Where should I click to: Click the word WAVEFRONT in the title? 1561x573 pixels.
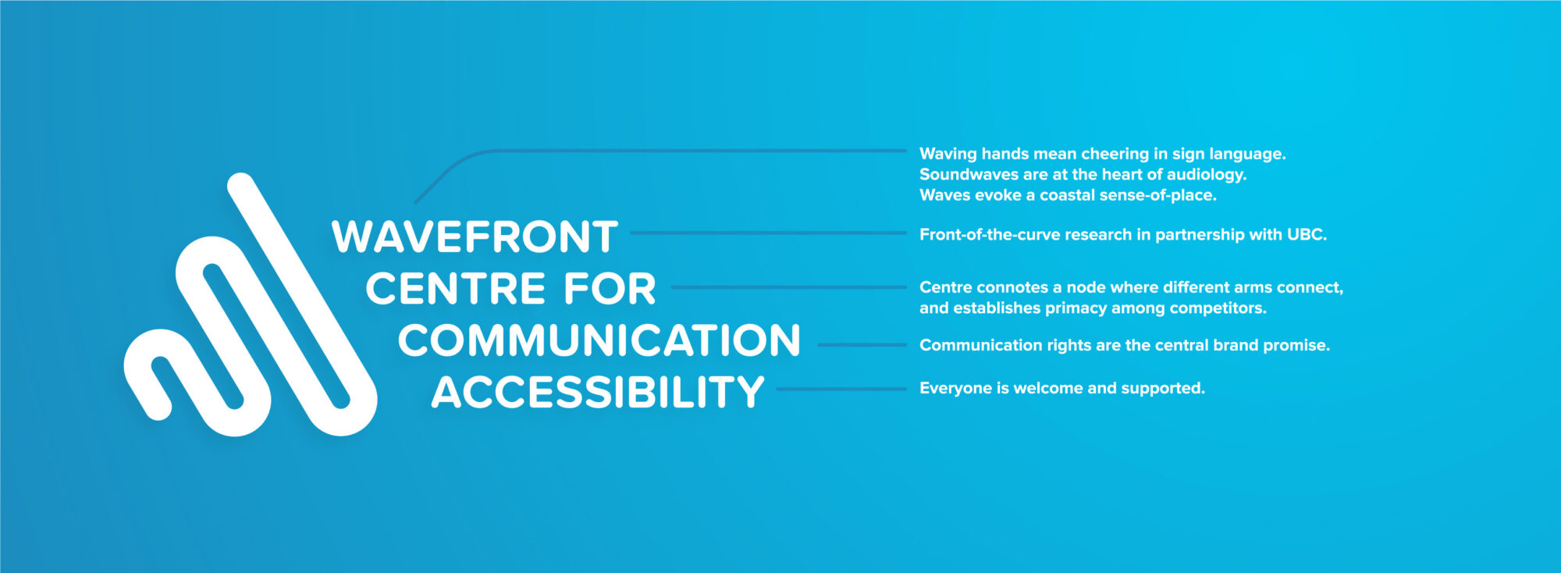point(475,237)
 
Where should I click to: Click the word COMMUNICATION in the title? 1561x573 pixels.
point(599,340)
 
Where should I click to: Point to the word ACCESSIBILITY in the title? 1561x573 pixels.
point(598,392)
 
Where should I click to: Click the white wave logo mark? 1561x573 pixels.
point(251,304)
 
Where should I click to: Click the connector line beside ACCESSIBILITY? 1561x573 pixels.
point(841,389)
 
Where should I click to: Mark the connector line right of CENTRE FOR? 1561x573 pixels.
point(789,287)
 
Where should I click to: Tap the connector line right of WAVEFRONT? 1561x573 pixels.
point(768,233)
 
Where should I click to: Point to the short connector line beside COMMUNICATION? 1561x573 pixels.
point(862,344)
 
